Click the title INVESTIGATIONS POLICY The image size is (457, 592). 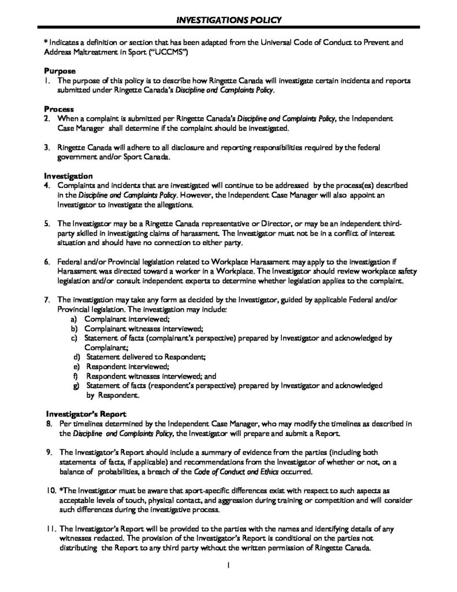tap(228, 21)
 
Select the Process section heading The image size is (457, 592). tap(58, 109)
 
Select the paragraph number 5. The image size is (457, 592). tap(47, 223)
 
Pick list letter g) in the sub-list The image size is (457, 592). tap(75, 385)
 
